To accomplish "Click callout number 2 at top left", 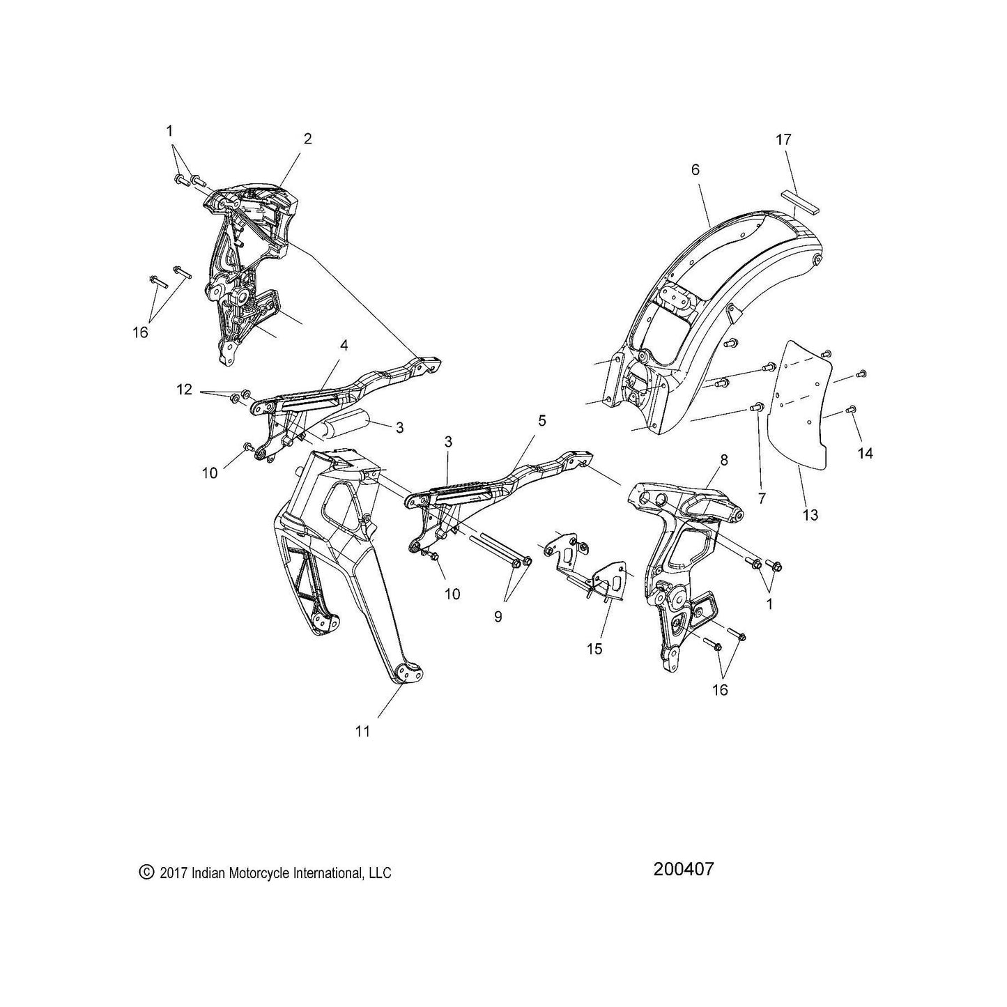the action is (x=308, y=139).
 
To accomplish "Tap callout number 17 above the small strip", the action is (x=784, y=139).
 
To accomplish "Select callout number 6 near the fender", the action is (x=695, y=170).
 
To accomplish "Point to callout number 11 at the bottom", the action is (x=362, y=732).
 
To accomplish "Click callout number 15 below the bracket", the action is (x=594, y=649).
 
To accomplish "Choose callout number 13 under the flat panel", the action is (x=810, y=515).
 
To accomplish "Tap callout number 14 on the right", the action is (x=866, y=453).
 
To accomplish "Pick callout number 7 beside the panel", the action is (x=762, y=498).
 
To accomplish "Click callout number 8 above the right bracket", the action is (x=724, y=460).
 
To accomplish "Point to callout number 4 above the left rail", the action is (x=344, y=346).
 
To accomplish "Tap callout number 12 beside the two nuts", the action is (x=185, y=390).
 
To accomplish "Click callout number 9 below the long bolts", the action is (x=498, y=617).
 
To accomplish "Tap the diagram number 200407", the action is (x=683, y=869).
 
